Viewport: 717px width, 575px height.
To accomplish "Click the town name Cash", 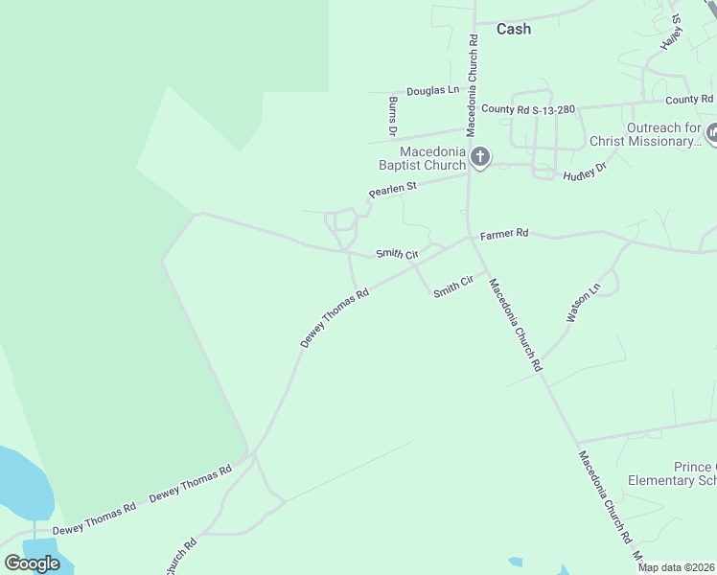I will click(x=513, y=29).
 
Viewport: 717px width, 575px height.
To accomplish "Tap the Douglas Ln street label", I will click(x=432, y=90).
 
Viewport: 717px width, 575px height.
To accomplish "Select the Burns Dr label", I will click(x=393, y=115).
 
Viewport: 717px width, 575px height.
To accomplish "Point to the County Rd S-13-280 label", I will click(x=528, y=109).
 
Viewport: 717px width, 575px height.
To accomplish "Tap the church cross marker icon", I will click(x=480, y=156).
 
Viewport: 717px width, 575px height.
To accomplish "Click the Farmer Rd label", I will click(x=504, y=233).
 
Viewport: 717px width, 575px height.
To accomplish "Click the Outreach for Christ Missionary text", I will click(x=665, y=134).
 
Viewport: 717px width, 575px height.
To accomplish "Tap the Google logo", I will click(x=33, y=563).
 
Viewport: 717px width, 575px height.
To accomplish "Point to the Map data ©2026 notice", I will click(x=676, y=567).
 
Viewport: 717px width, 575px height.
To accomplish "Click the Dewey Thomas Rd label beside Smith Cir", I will click(x=335, y=319).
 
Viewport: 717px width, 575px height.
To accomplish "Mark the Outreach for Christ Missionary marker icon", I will click(x=712, y=133).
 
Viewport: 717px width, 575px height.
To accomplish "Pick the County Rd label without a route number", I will click(x=689, y=100).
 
